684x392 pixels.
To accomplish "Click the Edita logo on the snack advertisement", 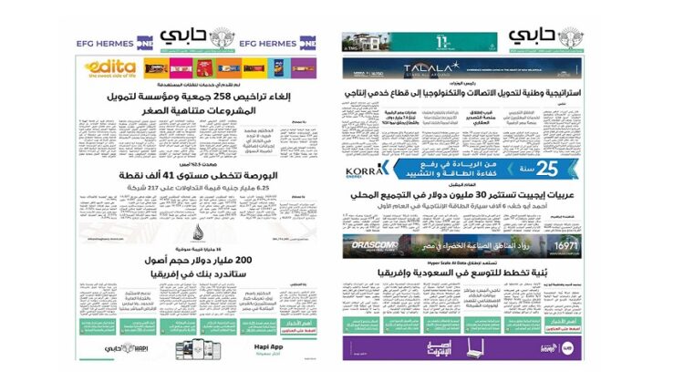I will click(110, 67).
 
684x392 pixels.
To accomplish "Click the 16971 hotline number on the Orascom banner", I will click(565, 242).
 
